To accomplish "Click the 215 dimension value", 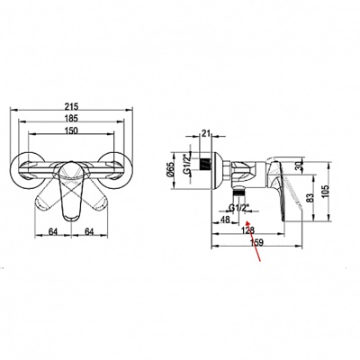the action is point(72,106).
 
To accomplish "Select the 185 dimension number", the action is point(72,118).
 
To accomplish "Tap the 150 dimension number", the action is point(71,130).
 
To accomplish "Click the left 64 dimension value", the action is point(53,231).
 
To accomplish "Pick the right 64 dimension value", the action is point(89,231).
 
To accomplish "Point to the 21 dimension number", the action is point(206,133).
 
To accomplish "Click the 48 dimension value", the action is point(225,220).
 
